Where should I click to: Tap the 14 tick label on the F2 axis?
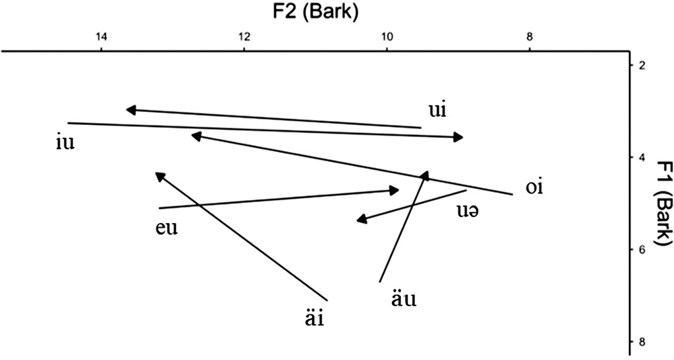tap(101, 36)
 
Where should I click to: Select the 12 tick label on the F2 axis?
tap(244, 36)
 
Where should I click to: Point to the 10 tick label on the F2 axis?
tap(387, 36)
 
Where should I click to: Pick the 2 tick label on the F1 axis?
tap(642, 65)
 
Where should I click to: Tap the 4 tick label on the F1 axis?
tap(642, 158)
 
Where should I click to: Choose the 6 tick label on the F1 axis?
tap(642, 250)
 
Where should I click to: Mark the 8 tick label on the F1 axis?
tap(642, 342)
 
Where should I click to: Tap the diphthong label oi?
tap(534, 186)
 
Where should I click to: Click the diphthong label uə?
tap(470, 210)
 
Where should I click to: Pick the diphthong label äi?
tap(313, 317)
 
